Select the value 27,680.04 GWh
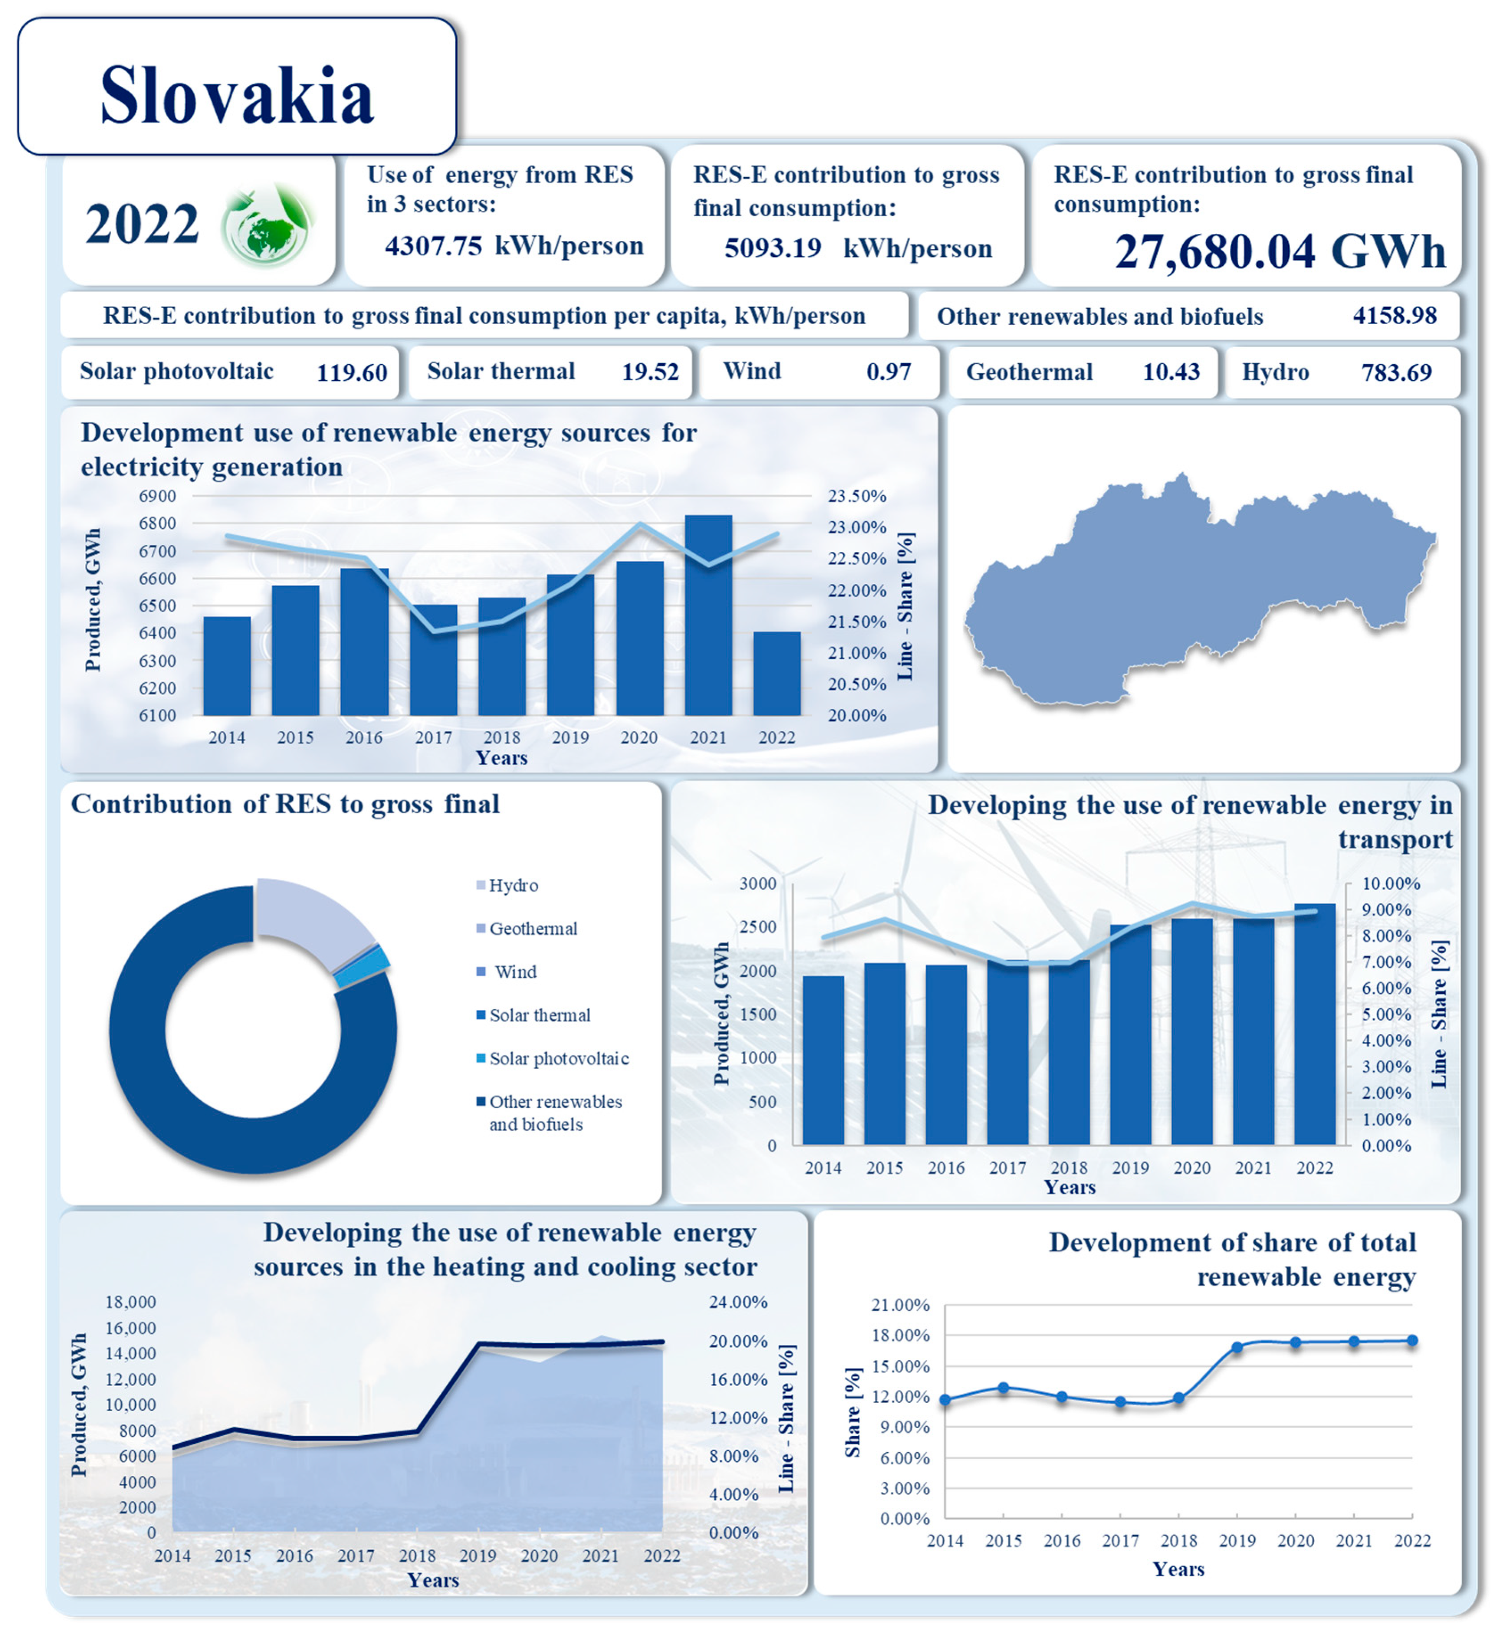(x=1279, y=251)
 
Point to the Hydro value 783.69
(x=1396, y=373)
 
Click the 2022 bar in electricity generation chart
(x=777, y=674)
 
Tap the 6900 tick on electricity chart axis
(x=157, y=496)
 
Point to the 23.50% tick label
(x=856, y=496)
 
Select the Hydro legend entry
(x=513, y=885)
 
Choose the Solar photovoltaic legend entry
(x=558, y=1058)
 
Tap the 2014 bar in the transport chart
(x=823, y=1059)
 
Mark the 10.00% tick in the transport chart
(x=1390, y=884)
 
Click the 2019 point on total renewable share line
(x=1237, y=1348)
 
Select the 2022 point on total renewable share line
(x=1412, y=1340)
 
